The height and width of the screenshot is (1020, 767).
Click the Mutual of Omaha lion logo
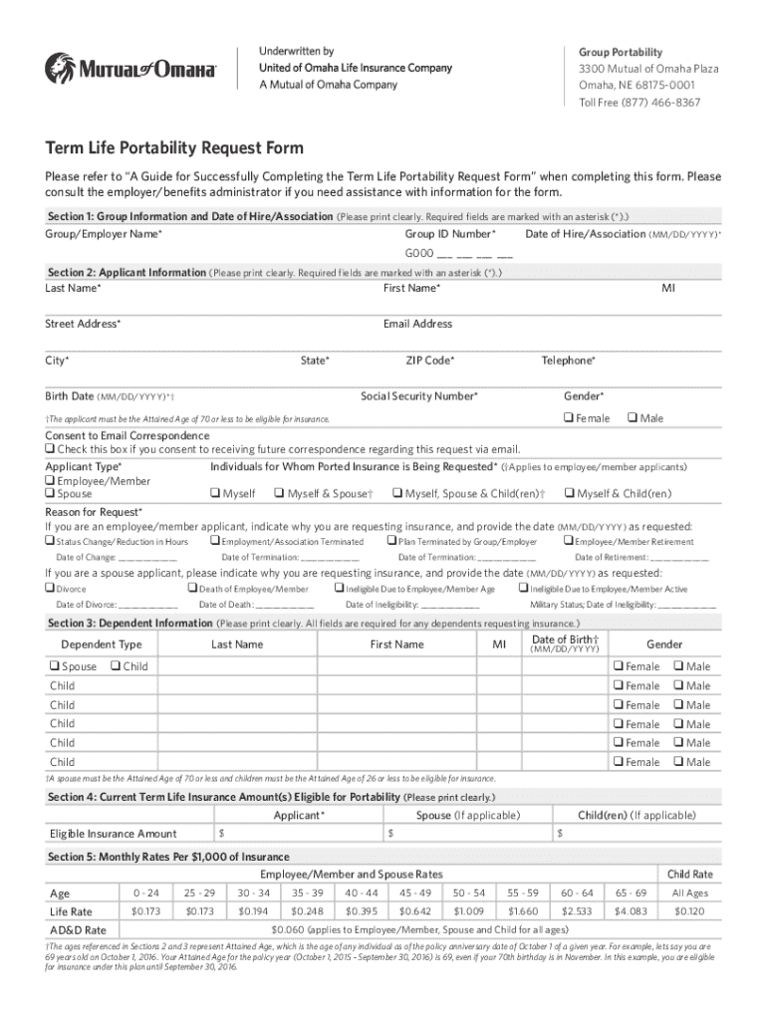point(59,69)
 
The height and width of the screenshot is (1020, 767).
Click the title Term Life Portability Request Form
point(174,149)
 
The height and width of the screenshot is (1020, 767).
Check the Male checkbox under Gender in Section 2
point(633,418)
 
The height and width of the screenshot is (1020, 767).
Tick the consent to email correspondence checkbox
point(50,449)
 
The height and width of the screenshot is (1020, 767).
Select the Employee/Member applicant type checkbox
point(50,480)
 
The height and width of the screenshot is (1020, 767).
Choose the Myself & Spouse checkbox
point(279,493)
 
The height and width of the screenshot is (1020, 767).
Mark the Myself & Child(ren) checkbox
point(569,493)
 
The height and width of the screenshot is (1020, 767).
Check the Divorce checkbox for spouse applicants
point(50,589)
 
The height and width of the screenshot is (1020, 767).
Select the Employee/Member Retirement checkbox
point(568,541)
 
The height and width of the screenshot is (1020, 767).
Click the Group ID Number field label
point(449,233)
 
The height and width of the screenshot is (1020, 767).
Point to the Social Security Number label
point(418,395)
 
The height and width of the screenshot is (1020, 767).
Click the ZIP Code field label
point(429,360)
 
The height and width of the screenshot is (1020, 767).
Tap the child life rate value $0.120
point(689,911)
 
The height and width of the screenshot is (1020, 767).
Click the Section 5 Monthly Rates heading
point(168,857)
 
